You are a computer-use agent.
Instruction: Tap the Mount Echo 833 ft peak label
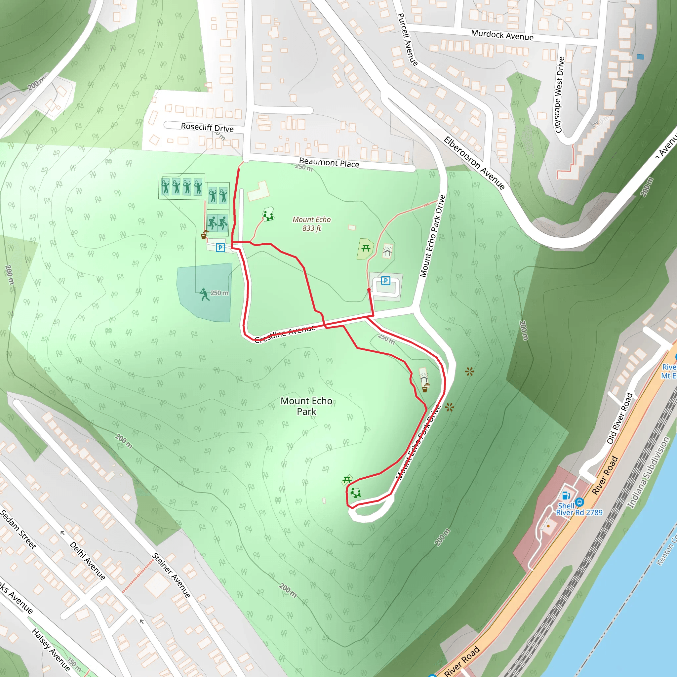click(x=311, y=223)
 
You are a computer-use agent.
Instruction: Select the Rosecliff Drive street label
click(x=207, y=127)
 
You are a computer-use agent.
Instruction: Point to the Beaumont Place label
click(x=329, y=163)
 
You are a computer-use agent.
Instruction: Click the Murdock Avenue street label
click(x=502, y=35)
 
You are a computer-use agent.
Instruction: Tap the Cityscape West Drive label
click(x=560, y=95)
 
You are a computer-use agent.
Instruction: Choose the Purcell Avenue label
click(x=408, y=40)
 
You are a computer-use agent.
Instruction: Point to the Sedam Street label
click(x=18, y=529)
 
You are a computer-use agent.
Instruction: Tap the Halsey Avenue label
click(x=51, y=650)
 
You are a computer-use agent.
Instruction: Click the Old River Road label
click(x=619, y=418)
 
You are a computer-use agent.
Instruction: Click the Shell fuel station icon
click(x=566, y=496)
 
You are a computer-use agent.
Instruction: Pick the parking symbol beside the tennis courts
click(x=220, y=248)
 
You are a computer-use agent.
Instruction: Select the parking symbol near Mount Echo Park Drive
click(x=385, y=281)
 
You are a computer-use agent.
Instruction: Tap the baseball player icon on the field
click(x=204, y=294)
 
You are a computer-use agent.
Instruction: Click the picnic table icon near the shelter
click(x=366, y=248)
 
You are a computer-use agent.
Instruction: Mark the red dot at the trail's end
click(x=369, y=290)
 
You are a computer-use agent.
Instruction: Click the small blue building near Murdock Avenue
click(x=640, y=57)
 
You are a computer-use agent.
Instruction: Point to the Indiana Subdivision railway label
click(x=648, y=472)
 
